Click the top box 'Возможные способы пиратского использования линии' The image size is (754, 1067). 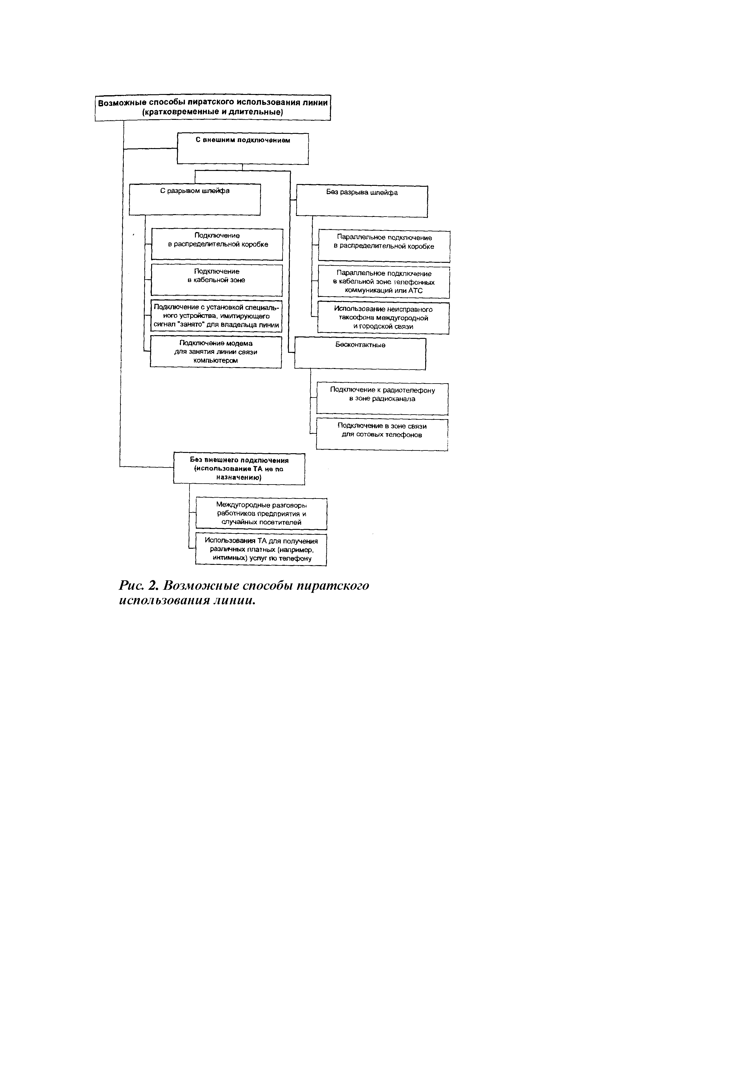(x=213, y=107)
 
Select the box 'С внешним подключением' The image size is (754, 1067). (x=242, y=149)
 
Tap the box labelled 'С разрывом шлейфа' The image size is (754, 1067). (x=195, y=199)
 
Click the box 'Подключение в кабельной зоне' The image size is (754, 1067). (x=217, y=280)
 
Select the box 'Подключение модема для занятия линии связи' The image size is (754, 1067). (x=216, y=352)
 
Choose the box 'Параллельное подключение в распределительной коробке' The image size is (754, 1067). (x=384, y=246)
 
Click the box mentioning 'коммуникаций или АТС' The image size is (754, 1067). (x=384, y=282)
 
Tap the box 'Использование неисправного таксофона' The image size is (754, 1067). (x=383, y=318)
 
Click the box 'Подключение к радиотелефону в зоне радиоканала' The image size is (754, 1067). (x=382, y=398)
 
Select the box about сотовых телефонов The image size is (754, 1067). (x=382, y=434)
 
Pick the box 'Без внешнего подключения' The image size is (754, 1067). (x=239, y=468)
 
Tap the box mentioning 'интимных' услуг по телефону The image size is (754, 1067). (x=261, y=549)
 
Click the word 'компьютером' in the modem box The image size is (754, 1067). (x=216, y=361)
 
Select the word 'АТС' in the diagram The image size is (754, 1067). (x=415, y=291)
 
